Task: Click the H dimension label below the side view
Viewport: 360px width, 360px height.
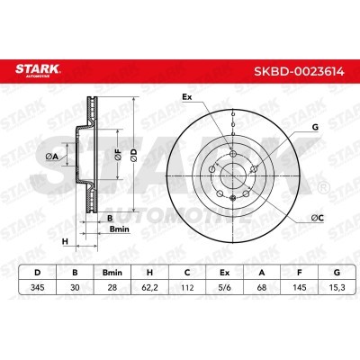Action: click(65, 241)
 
